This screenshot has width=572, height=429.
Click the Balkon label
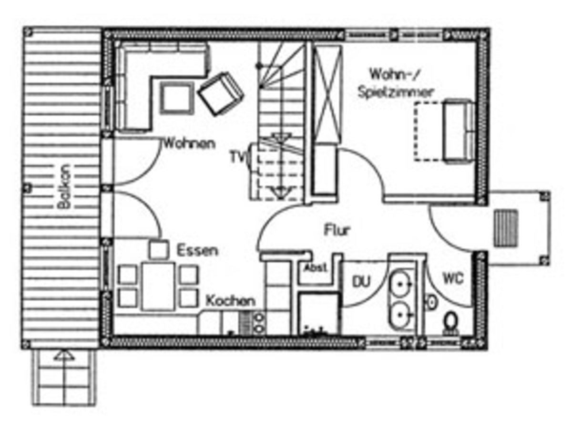[64, 186]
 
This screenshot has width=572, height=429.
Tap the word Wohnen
[189, 143]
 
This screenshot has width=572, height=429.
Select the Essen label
[197, 250]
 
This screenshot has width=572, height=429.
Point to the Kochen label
[230, 301]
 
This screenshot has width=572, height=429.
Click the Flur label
[337, 230]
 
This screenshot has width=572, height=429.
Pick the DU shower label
[361, 282]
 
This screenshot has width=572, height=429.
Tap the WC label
[453, 278]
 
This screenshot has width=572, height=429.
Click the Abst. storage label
[315, 267]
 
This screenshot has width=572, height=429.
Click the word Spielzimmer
[395, 93]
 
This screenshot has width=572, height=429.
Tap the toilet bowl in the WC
[451, 323]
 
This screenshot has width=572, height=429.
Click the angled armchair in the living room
[221, 93]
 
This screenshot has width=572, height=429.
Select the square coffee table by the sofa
[177, 98]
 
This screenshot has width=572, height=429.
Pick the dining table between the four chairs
[158, 286]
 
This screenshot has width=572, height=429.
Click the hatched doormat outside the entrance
[506, 228]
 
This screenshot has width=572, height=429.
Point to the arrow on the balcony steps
[64, 355]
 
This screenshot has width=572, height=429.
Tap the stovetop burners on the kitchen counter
[259, 323]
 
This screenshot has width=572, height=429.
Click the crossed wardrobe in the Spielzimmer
[327, 94]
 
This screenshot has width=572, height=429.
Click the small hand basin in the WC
[432, 302]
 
